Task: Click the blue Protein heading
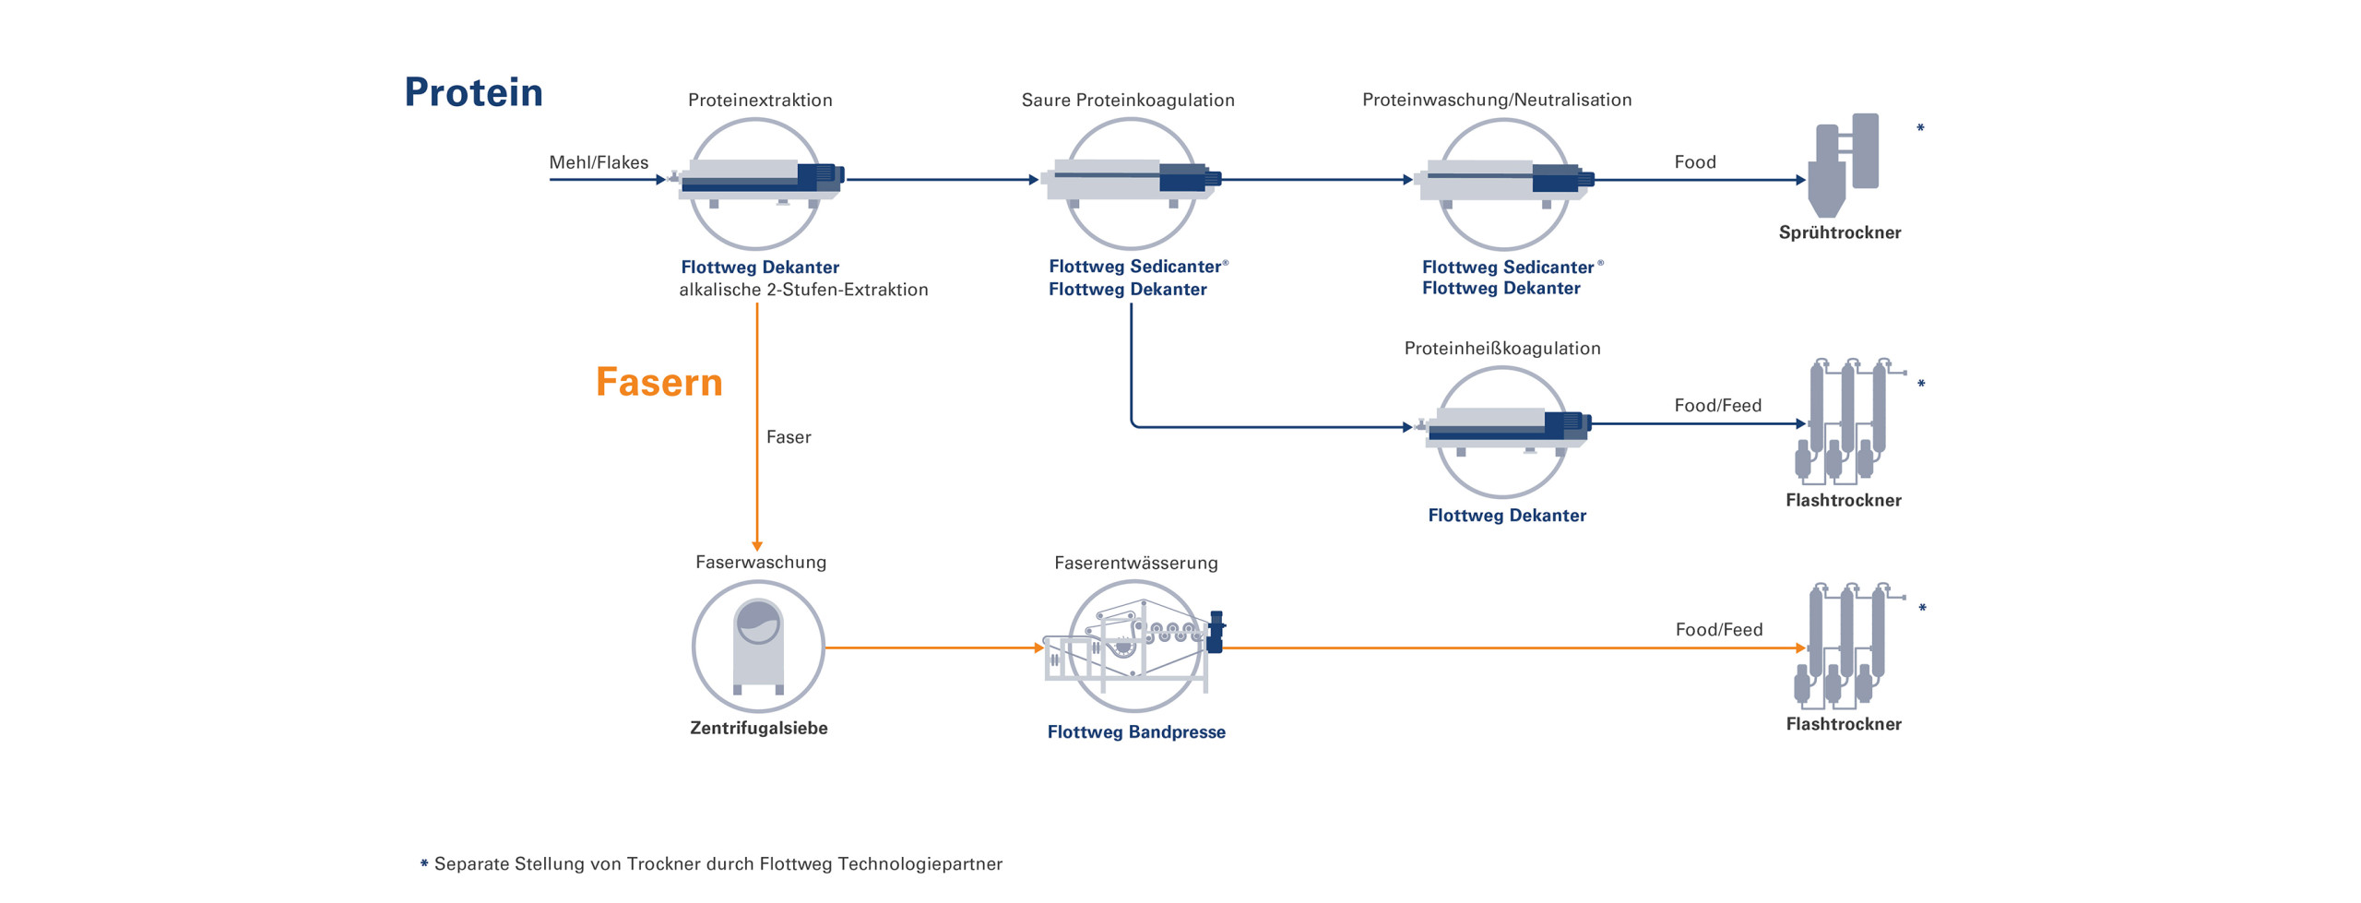(473, 92)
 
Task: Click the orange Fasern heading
(658, 382)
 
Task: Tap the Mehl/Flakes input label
(599, 162)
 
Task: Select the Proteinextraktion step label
(759, 100)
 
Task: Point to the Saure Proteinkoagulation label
(1127, 100)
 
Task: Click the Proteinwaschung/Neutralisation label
(1496, 100)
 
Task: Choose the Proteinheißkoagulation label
(1501, 348)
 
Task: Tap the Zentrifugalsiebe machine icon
(757, 646)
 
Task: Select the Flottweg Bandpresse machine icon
(1134, 646)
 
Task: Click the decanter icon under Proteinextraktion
(756, 182)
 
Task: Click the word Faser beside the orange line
(789, 437)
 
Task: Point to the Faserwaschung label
(760, 562)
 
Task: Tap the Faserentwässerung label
(1135, 563)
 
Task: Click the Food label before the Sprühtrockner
(1694, 162)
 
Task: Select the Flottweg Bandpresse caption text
(1135, 731)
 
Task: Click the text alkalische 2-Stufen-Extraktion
(803, 290)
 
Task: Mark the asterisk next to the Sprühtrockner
(1920, 127)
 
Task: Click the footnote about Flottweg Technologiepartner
(718, 863)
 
